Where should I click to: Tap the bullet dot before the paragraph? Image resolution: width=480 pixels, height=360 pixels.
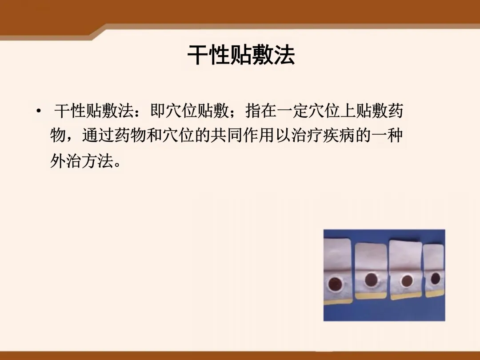pyautogui.click(x=39, y=111)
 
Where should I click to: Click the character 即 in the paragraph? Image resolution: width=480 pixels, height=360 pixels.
pyautogui.click(x=158, y=111)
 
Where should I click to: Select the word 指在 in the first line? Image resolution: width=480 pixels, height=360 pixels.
pyautogui.click(x=261, y=111)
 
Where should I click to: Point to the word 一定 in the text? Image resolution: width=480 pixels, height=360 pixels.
pyautogui.click(x=293, y=111)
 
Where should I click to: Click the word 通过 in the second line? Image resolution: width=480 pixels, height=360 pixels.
pyautogui.click(x=98, y=135)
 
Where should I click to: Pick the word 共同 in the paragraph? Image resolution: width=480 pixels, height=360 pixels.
pyautogui.click(x=226, y=135)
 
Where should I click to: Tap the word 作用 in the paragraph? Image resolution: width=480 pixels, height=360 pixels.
pyautogui.click(x=258, y=135)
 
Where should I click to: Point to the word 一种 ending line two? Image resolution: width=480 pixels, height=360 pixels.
pyautogui.click(x=386, y=135)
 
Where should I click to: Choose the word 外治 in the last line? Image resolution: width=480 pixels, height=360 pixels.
pyautogui.click(x=66, y=160)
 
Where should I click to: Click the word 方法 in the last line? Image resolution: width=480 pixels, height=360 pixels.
pyautogui.click(x=98, y=160)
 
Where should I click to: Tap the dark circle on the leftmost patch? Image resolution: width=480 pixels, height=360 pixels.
pyautogui.click(x=335, y=284)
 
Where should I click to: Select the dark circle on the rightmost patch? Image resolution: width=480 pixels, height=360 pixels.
pyautogui.click(x=435, y=279)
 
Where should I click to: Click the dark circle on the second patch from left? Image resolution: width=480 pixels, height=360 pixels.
pyautogui.click(x=371, y=279)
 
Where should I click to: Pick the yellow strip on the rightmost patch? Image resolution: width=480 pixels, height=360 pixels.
pyautogui.click(x=435, y=294)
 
